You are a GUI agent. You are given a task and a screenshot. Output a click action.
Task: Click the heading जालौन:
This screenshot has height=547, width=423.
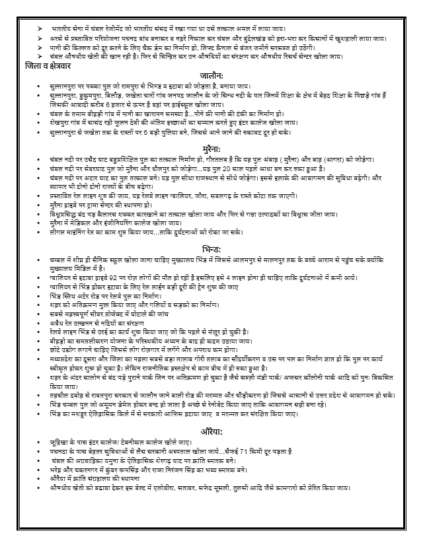(x=215, y=77)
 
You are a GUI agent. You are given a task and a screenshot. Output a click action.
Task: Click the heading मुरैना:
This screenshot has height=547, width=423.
(x=215, y=151)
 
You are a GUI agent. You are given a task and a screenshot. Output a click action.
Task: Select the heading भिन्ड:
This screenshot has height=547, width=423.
(x=215, y=249)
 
